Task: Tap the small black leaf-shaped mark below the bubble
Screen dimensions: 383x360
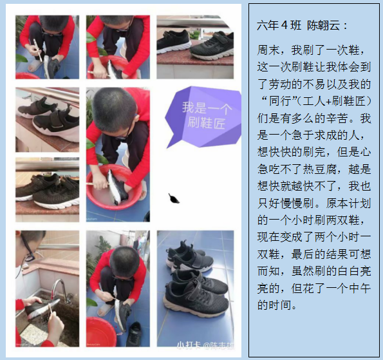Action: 174,198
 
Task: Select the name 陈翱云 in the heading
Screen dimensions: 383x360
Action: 323,25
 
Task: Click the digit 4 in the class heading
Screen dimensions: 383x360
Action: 284,25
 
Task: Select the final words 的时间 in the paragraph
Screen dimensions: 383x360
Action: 274,305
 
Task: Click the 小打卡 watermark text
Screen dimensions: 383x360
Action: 189,345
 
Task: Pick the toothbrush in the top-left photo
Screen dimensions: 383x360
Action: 37,50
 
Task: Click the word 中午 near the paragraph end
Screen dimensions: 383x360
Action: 360,289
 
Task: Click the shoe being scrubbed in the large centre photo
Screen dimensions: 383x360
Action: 118,187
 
